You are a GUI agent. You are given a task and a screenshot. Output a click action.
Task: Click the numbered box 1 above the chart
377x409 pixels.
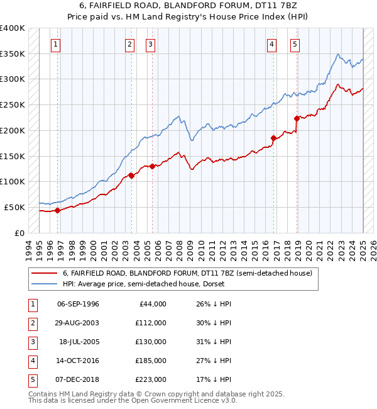click(x=57, y=44)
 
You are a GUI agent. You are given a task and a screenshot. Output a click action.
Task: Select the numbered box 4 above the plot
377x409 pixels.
click(x=271, y=44)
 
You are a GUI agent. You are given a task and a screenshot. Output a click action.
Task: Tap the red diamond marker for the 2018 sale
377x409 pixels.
click(x=297, y=118)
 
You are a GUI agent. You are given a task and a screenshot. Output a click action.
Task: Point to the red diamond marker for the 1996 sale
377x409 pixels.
click(x=57, y=210)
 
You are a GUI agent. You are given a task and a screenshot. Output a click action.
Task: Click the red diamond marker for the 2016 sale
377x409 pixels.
click(x=273, y=138)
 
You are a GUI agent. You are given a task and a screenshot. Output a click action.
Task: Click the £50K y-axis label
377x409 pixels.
click(x=15, y=207)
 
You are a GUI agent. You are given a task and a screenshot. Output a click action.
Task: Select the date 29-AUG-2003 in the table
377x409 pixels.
click(x=78, y=323)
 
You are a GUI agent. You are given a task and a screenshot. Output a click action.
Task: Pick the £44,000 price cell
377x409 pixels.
click(x=152, y=304)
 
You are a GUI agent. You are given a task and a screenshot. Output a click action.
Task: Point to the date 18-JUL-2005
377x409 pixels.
click(x=79, y=342)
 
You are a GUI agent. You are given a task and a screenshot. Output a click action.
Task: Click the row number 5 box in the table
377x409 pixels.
click(x=31, y=379)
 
